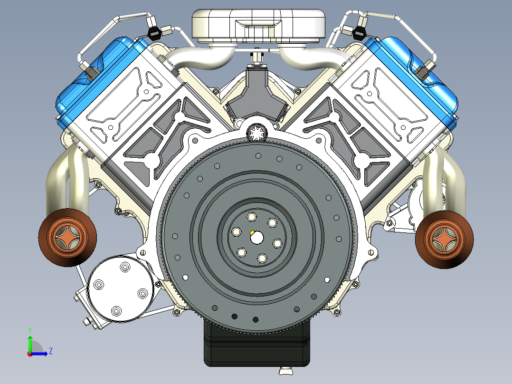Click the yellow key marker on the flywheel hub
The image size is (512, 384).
point(252,232)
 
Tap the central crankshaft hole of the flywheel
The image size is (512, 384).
point(257,237)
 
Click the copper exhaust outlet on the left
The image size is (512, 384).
point(67,237)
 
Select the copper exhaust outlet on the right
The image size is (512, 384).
point(444,239)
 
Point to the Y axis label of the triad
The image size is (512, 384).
point(30,331)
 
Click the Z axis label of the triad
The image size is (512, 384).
point(51,351)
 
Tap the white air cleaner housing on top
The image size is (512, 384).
point(258,26)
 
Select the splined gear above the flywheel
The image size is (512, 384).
point(257,133)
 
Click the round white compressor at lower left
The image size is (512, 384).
point(121,289)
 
